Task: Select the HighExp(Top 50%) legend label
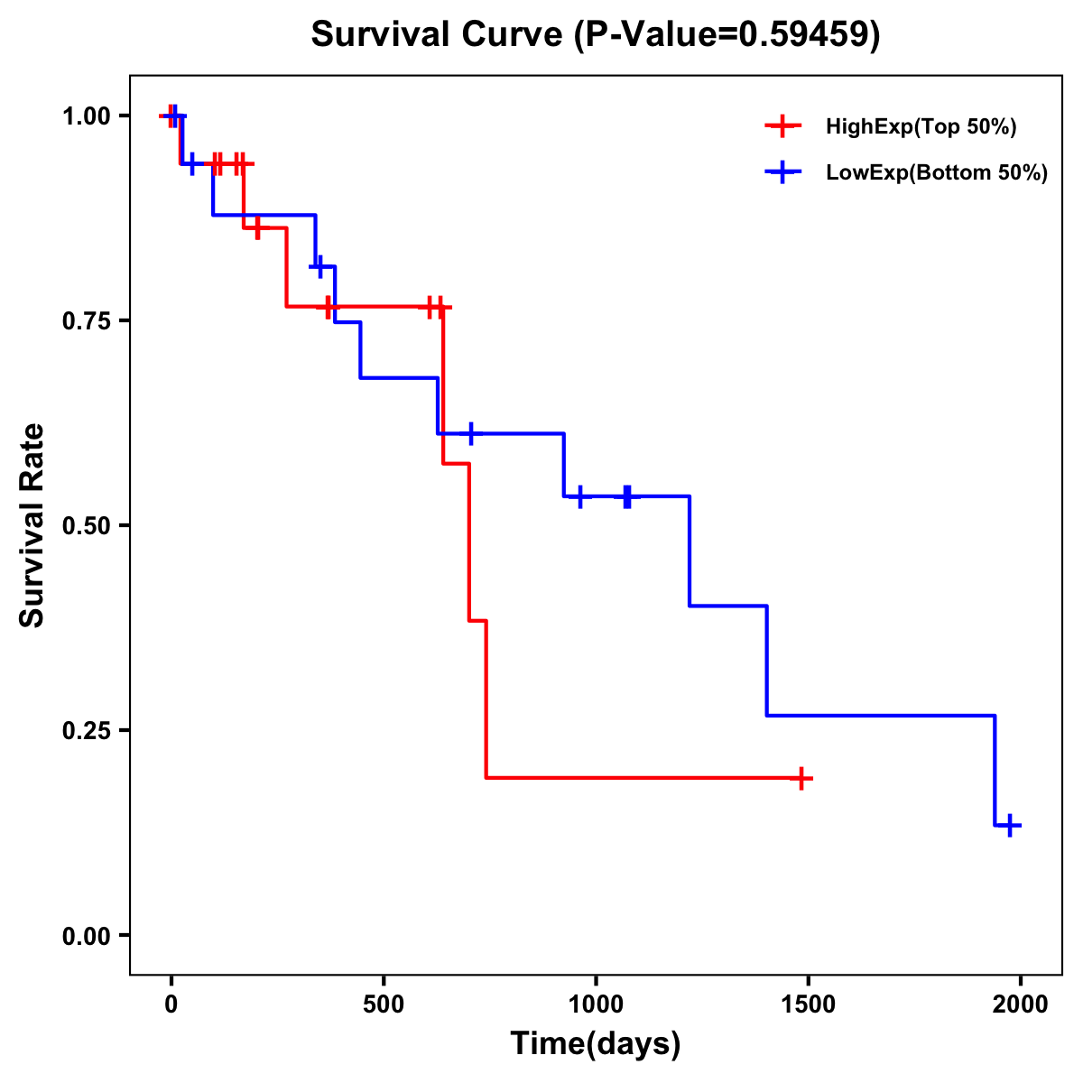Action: tap(921, 127)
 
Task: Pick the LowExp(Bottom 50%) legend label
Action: tap(937, 173)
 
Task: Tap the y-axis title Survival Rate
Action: tap(32, 525)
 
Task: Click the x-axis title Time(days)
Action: tap(595, 1044)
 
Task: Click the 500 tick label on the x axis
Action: tap(384, 1005)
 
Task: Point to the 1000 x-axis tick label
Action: tap(596, 1005)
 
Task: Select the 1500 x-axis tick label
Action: tap(808, 1005)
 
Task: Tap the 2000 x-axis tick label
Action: tap(1020, 1005)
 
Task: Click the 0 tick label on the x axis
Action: tap(171, 1005)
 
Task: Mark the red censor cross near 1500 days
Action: tap(801, 778)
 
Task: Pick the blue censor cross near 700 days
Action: tap(470, 434)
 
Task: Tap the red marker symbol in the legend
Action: tap(782, 127)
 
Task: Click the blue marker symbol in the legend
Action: tap(782, 173)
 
